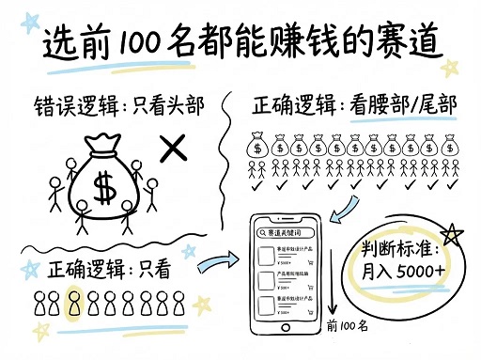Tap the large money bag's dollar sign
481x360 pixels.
[x=105, y=189]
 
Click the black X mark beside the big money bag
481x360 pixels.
[x=172, y=147]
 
